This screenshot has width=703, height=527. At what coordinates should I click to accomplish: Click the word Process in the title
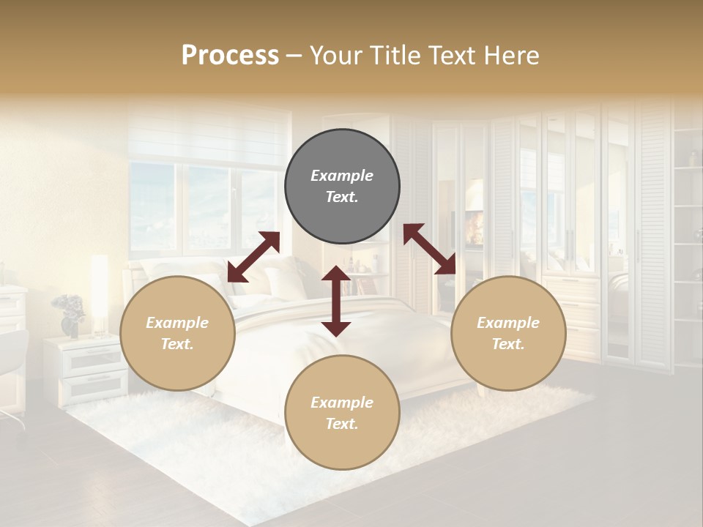click(230, 56)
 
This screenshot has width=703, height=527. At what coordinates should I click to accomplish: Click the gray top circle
click(342, 187)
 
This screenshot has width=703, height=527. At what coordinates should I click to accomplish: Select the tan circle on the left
click(177, 333)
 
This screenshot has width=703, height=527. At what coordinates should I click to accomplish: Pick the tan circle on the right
click(508, 333)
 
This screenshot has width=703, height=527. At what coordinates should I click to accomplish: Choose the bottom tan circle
click(342, 413)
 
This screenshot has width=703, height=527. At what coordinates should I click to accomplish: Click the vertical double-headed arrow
click(336, 301)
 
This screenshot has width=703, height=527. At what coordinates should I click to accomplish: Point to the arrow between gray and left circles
click(253, 257)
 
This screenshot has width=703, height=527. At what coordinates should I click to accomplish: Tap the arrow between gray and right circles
click(429, 249)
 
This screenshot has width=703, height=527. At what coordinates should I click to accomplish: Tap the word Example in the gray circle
click(342, 176)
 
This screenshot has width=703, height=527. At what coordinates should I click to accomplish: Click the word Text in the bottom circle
click(342, 424)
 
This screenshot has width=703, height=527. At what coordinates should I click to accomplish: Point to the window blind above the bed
click(209, 135)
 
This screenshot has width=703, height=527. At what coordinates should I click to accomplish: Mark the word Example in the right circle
click(508, 323)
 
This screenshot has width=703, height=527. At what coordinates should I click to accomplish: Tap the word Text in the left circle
click(177, 344)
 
